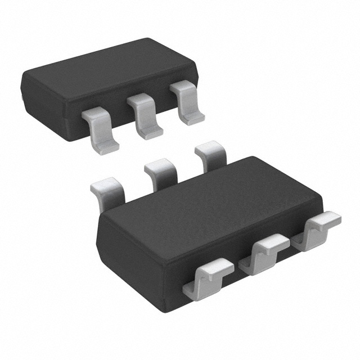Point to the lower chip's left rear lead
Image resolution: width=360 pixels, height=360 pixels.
click(x=109, y=191)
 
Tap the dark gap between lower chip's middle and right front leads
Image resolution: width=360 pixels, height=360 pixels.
click(x=292, y=247)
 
